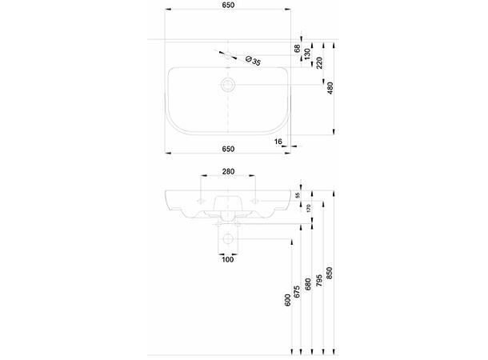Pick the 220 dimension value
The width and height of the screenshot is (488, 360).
319,62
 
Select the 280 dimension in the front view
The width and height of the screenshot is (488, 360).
228,171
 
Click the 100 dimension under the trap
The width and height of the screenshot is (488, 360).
228,260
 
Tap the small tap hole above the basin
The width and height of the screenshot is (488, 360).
228,55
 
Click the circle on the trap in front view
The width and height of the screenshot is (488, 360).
228,238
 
